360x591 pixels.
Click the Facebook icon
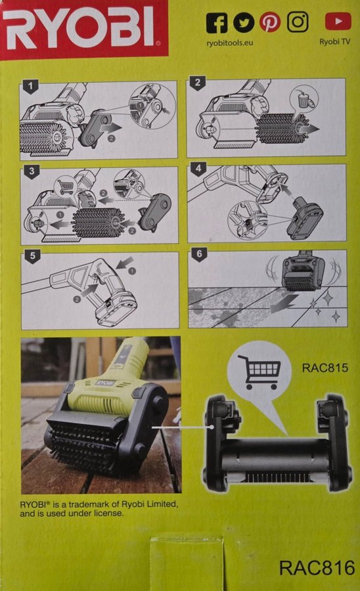(x=216, y=23)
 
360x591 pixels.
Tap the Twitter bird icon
(x=244, y=22)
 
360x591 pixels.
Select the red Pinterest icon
(x=270, y=22)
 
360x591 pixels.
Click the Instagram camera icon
(x=298, y=22)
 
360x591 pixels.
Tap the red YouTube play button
(x=338, y=22)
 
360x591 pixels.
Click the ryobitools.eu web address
(x=229, y=43)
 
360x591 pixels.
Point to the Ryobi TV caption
(x=335, y=41)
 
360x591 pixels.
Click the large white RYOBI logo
(x=81, y=29)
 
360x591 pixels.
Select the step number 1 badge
(x=30, y=86)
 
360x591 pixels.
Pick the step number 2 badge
(x=198, y=83)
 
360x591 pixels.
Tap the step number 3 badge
(x=32, y=171)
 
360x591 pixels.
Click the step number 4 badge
(x=198, y=169)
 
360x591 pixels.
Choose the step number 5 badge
(x=32, y=256)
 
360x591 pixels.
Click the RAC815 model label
(x=325, y=368)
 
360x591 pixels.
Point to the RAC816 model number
(x=317, y=567)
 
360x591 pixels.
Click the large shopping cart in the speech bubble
(x=259, y=371)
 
